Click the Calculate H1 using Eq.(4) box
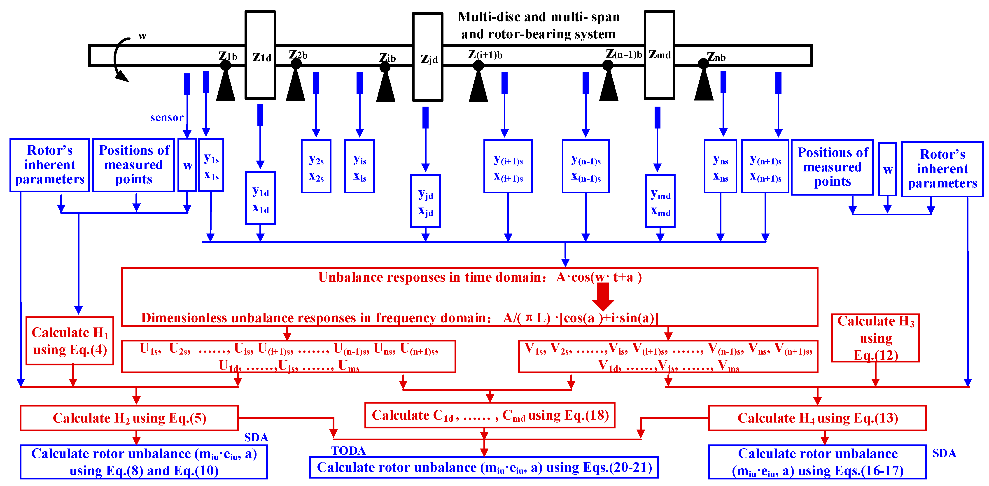pyautogui.click(x=70, y=341)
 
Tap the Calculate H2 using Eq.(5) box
pyautogui.click(x=129, y=418)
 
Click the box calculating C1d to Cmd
pyautogui.click(x=490, y=415)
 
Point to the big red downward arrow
pyautogui.click(x=603, y=296)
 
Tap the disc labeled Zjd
pyautogui.click(x=428, y=57)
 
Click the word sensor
pyautogui.click(x=167, y=117)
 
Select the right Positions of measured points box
pyautogui.click(x=832, y=167)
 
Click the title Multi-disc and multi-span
pyautogui.click(x=539, y=17)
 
